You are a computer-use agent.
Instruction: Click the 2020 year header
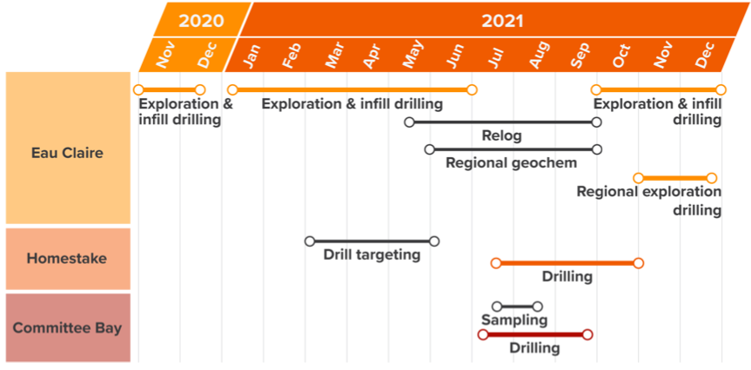[x=201, y=21]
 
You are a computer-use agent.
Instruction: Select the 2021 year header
[x=502, y=21]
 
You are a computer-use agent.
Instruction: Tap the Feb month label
[x=292, y=56]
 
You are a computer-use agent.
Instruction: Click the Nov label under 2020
[x=166, y=55]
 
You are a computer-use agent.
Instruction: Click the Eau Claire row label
[x=67, y=153]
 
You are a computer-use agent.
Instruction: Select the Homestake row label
[x=67, y=259]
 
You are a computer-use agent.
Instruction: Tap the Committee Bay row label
[x=67, y=328]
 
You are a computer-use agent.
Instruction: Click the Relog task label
[x=501, y=135]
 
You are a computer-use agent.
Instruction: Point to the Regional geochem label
[x=511, y=163]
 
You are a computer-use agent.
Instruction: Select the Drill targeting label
[x=372, y=254]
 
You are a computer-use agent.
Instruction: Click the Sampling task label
[x=514, y=320]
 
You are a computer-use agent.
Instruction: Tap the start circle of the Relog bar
[x=409, y=122]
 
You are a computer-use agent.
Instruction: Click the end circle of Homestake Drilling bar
[x=638, y=263]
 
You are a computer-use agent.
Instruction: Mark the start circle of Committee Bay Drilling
[x=483, y=334]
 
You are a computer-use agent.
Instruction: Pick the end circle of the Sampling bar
[x=538, y=307]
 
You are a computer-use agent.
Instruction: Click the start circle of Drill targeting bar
[x=310, y=241]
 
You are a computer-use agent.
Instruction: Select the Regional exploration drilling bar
[x=674, y=178]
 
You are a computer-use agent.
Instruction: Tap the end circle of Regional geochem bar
[x=596, y=149]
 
